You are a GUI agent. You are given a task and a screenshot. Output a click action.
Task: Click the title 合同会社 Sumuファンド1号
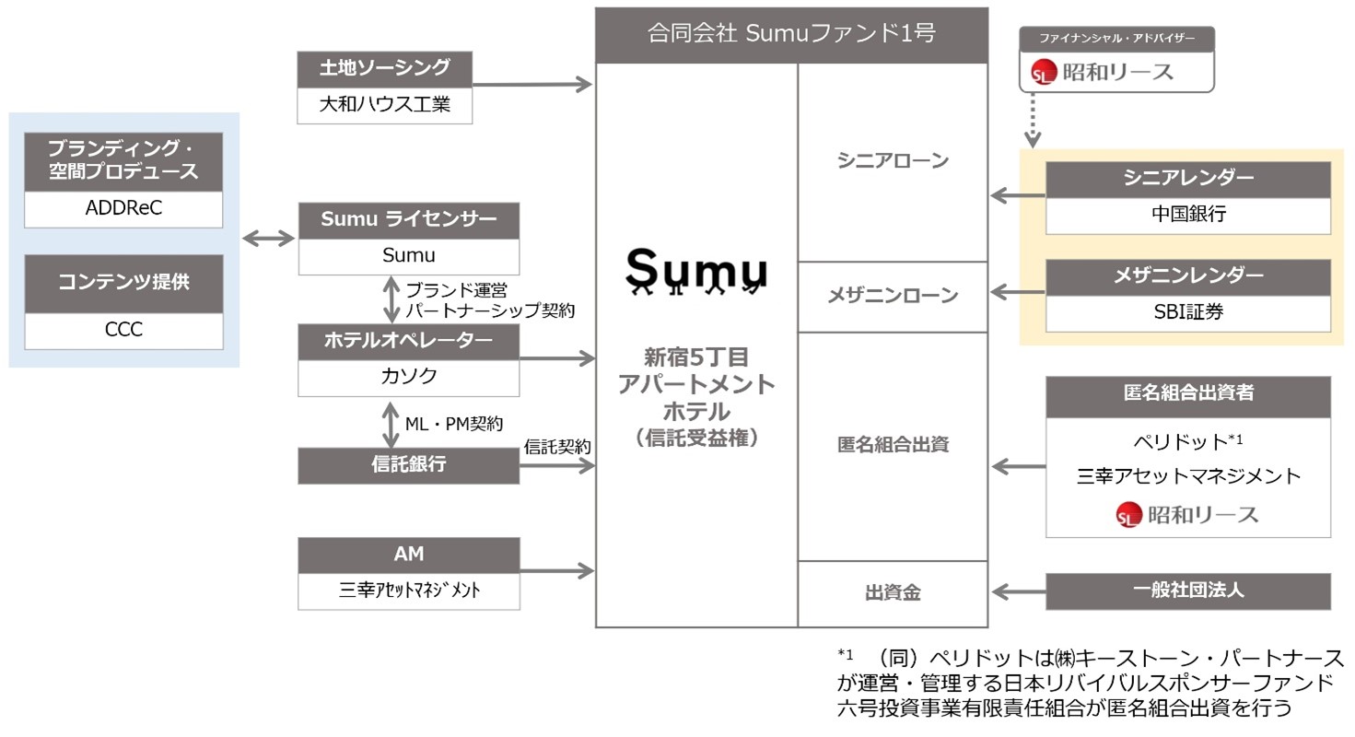tap(790, 34)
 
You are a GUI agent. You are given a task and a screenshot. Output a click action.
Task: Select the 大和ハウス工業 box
tap(384, 105)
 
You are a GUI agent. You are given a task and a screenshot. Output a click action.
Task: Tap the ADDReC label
tap(123, 210)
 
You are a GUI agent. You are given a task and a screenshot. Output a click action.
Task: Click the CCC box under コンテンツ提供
tap(123, 330)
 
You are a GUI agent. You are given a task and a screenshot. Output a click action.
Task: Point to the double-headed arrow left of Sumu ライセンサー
tap(267, 239)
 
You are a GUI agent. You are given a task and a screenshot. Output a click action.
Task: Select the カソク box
tap(408, 375)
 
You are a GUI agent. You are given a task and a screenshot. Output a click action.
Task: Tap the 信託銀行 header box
tap(408, 465)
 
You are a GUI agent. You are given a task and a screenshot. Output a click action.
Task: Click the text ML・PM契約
tap(455, 424)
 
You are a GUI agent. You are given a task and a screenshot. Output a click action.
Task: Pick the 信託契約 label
tap(557, 446)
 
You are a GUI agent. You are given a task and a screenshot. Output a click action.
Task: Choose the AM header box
tap(408, 555)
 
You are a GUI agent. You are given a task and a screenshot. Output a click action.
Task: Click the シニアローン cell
tap(892, 161)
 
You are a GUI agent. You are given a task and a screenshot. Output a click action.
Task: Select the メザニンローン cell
tap(892, 296)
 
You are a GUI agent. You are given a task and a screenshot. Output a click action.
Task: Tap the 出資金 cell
tap(892, 593)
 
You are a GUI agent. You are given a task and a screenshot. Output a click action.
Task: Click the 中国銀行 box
tap(1187, 216)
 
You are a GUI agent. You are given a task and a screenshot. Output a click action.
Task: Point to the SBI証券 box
tap(1187, 313)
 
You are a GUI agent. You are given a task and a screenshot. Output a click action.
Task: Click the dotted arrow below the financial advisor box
tap(1033, 120)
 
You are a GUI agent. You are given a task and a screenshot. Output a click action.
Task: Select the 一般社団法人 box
tap(1187, 591)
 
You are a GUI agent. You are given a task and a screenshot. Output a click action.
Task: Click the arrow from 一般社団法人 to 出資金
tap(1018, 591)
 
